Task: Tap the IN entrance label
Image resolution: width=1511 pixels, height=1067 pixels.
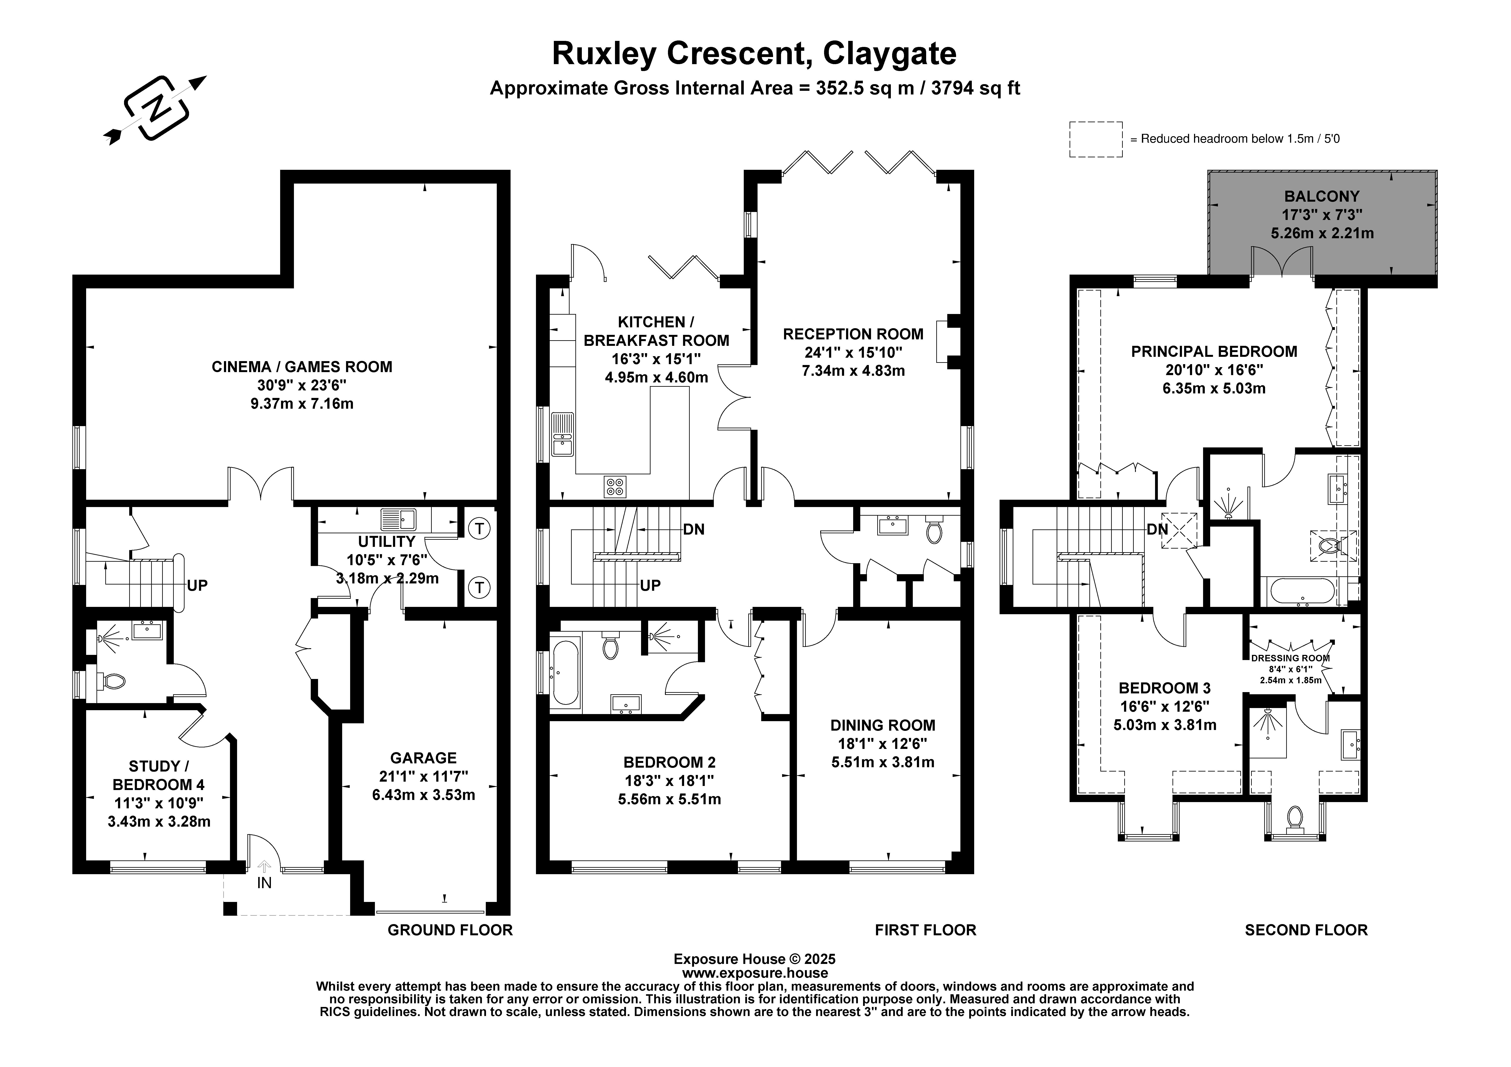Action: pyautogui.click(x=264, y=883)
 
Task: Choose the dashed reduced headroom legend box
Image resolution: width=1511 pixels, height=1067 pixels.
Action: pyautogui.click(x=1096, y=139)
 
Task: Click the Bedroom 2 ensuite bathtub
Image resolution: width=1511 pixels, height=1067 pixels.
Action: pyautogui.click(x=565, y=672)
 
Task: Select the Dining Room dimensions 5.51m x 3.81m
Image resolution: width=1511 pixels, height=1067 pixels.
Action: pyautogui.click(x=882, y=762)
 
